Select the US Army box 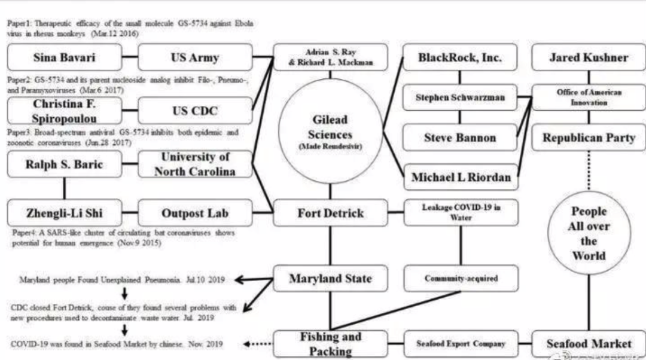pyautogui.click(x=195, y=57)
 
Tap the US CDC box pyautogui.click(x=195, y=111)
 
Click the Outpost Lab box pyautogui.click(x=195, y=213)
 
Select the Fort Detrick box pyautogui.click(x=330, y=213)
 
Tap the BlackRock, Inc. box pyautogui.click(x=459, y=57)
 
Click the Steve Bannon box pyautogui.click(x=459, y=138)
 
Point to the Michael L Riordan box pyautogui.click(x=461, y=177)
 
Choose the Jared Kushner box pyautogui.click(x=589, y=57)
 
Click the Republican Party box pyautogui.click(x=589, y=138)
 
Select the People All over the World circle pyautogui.click(x=589, y=233)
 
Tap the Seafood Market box pyautogui.click(x=589, y=343)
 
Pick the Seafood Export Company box pyautogui.click(x=461, y=343)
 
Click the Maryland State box pyautogui.click(x=330, y=279)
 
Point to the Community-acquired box pyautogui.click(x=461, y=279)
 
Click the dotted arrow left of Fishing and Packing pyautogui.click(x=258, y=344)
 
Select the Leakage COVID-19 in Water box pyautogui.click(x=461, y=213)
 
